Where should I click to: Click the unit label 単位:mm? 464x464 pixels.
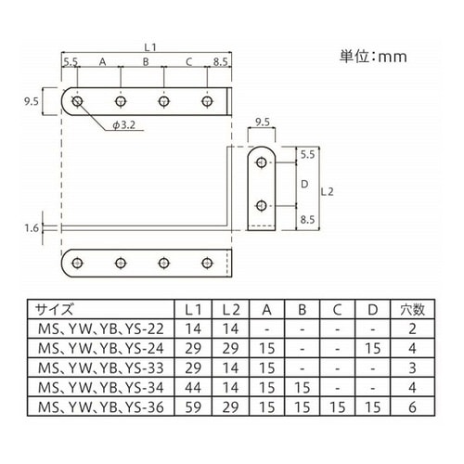(373, 57)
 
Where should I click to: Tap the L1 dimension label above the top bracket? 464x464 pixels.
(150, 47)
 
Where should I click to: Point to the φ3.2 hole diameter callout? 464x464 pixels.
(123, 125)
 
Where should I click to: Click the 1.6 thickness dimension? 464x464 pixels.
(32, 228)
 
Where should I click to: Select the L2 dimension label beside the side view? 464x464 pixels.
(327, 192)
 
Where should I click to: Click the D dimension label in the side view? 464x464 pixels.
(304, 184)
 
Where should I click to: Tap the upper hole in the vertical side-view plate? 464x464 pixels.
(262, 162)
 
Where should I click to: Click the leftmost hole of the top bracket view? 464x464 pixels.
(77, 101)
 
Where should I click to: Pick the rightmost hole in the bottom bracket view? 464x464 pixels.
(207, 263)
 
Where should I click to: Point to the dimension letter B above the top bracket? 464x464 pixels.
(146, 62)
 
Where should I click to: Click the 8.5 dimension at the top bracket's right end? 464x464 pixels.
(220, 62)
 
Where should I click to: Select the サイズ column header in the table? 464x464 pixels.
(55, 309)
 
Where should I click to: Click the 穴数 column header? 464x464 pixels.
(413, 309)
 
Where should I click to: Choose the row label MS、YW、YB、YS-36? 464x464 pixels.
(101, 407)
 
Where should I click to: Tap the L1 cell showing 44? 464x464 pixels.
(193, 388)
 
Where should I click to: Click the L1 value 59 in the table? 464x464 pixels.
(193, 407)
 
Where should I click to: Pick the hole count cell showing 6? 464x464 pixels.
(413, 407)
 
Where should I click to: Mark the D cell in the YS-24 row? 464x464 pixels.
(373, 349)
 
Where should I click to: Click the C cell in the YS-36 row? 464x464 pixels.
(338, 407)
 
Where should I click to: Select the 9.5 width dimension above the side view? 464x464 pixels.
(263, 122)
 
